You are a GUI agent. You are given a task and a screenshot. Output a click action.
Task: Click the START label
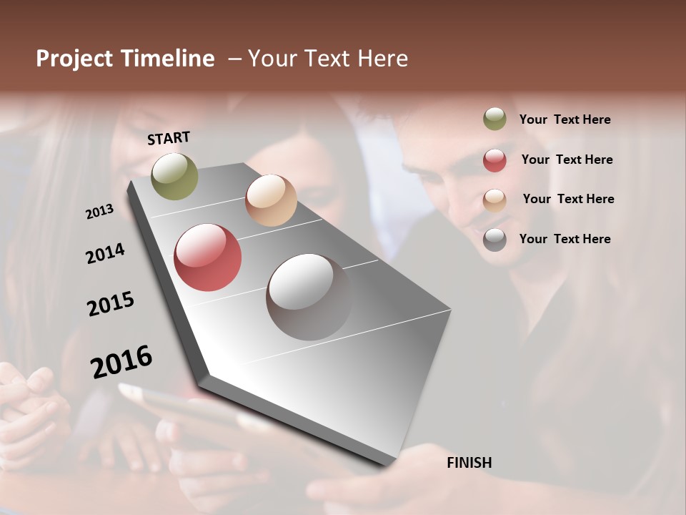[169, 138]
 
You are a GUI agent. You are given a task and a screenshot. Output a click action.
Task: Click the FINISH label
[469, 463]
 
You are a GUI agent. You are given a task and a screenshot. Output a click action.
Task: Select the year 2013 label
[100, 212]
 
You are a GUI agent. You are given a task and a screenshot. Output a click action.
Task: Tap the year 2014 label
[106, 253]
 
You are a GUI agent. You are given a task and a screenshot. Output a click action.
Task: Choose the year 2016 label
[121, 361]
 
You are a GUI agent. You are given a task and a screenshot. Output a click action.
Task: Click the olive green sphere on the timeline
[174, 176]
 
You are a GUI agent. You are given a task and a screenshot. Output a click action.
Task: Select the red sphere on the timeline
[208, 257]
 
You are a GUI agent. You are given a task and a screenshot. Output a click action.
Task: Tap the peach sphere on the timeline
[271, 200]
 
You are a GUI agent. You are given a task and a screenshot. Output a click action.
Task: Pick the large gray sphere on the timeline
[309, 297]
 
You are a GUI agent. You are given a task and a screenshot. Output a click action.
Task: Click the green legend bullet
[494, 119]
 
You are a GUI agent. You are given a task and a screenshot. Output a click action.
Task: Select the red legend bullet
[494, 160]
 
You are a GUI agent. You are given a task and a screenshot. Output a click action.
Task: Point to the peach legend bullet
[494, 200]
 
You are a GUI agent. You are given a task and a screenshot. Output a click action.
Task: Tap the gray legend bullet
[494, 240]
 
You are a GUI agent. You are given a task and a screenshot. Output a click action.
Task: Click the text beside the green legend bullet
[565, 120]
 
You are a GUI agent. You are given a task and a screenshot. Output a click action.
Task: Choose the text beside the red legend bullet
[567, 160]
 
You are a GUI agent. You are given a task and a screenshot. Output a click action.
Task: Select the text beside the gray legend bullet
[565, 239]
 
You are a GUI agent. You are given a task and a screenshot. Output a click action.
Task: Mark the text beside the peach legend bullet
[568, 199]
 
